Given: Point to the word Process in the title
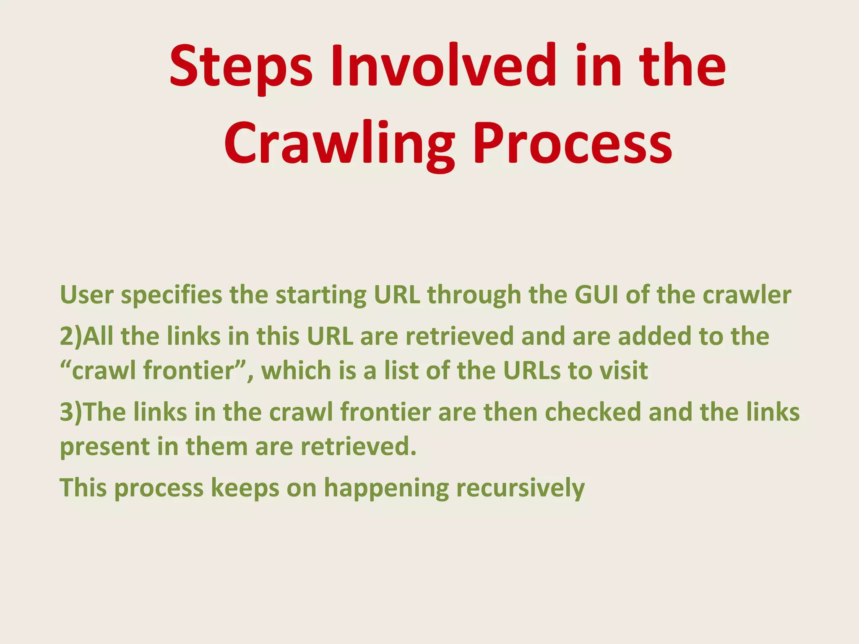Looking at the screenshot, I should coord(573,143).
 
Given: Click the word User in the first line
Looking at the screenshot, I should coord(87,295).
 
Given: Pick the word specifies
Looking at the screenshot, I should coord(172,296).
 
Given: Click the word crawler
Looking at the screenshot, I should coord(747,295).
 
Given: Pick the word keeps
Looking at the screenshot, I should coord(245,488).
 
